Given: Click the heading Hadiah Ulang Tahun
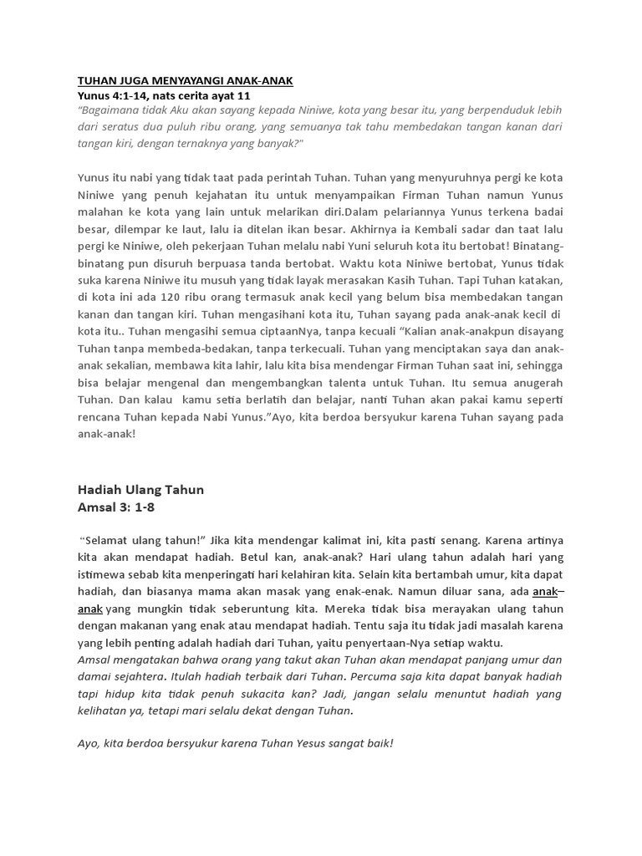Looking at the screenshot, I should [140, 490].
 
